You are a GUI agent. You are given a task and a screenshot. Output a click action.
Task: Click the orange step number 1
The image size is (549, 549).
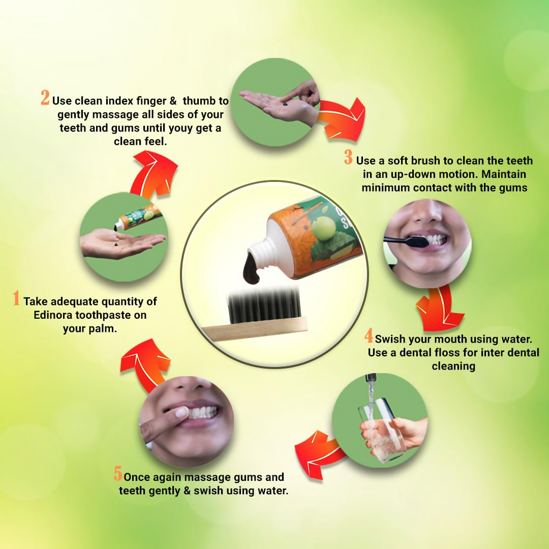pyautogui.click(x=16, y=298)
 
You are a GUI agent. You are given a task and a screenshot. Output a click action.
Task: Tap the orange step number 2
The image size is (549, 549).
pyautogui.click(x=45, y=98)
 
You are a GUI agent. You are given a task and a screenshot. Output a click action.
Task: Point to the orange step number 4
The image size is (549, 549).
pyautogui.click(x=369, y=336)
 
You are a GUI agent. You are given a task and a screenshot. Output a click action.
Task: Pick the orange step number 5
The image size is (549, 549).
pyautogui.click(x=118, y=475)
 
